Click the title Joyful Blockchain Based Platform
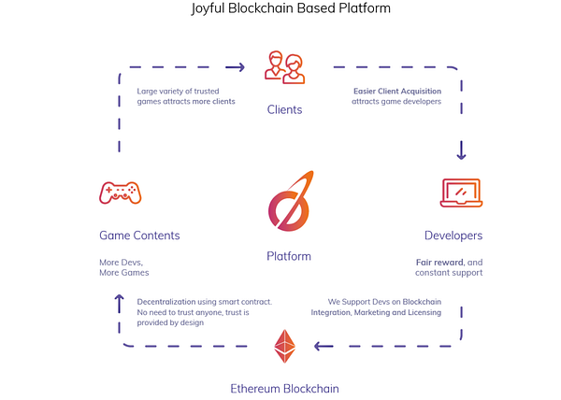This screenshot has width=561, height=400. pos(291,8)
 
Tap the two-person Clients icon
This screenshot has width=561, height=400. pos(285,67)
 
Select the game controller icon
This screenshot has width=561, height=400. pos(121,193)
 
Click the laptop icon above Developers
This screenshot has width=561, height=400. pos(461,193)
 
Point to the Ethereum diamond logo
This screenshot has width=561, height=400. pos(285,346)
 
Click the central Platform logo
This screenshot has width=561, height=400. pos(290,201)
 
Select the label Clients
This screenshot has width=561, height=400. pos(284,109)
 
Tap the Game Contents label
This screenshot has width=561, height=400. pos(139,236)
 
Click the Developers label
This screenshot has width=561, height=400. pos(453,236)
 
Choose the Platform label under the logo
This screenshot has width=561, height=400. pos(289,256)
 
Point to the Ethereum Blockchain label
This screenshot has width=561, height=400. pos(284,389)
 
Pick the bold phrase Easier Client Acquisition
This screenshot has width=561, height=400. pos(397,92)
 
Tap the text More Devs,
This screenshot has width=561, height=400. pos(121,263)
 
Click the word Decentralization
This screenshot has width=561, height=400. pos(166,302)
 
